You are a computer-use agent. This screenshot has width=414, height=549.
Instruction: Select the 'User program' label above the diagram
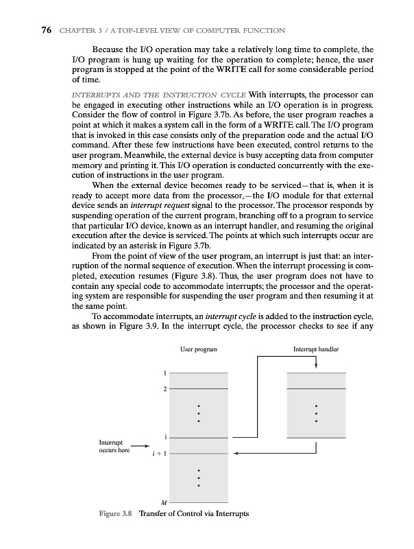[198, 350]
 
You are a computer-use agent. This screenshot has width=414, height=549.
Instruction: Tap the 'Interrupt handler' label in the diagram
[315, 350]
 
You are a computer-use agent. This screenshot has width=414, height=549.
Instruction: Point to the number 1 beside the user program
[165, 373]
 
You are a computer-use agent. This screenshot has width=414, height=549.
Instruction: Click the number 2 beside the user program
[165, 389]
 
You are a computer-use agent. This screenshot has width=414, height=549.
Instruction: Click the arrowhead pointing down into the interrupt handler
[315, 369]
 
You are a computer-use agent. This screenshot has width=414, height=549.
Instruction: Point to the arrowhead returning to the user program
[236, 453]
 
